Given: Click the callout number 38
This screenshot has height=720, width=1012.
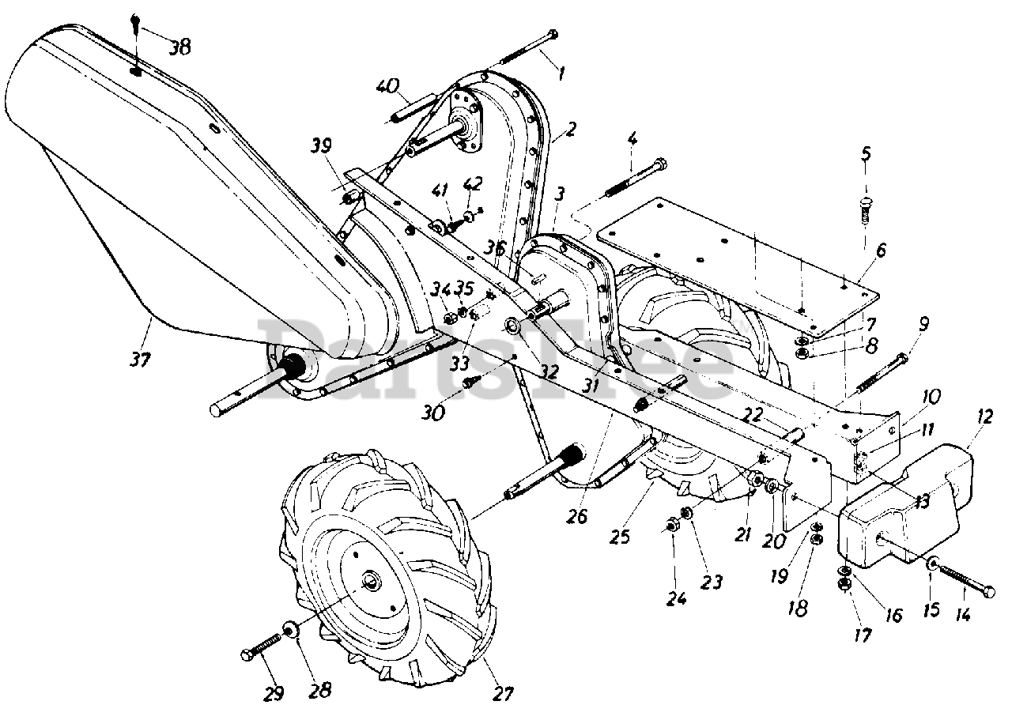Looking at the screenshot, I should point(179,47).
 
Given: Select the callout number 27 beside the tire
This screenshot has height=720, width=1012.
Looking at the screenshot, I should point(503,693).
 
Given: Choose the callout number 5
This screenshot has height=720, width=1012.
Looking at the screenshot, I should point(866,153).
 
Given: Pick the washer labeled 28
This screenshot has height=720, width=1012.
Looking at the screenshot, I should point(290,630).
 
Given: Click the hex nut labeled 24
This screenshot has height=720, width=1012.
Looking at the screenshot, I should point(672,526).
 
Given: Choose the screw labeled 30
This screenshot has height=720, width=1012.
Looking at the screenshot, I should point(471,382).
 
